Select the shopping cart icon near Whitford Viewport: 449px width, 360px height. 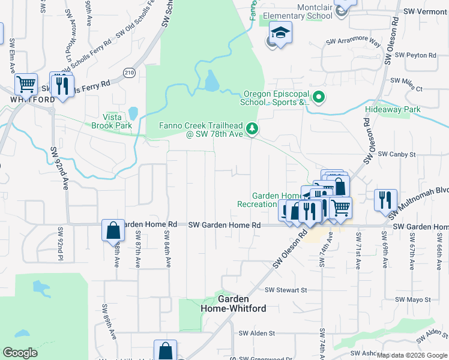[x=26, y=84]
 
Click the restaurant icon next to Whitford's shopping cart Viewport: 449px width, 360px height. [x=62, y=85]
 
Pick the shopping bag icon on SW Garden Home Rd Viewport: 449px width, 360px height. [x=113, y=230]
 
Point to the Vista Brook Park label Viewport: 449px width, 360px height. [x=112, y=122]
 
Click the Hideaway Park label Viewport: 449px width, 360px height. [x=393, y=110]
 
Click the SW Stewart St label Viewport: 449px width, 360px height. [x=286, y=290]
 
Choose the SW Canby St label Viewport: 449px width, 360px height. [x=399, y=154]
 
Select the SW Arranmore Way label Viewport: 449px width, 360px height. [x=354, y=43]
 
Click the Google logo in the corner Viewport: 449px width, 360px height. [x=20, y=353]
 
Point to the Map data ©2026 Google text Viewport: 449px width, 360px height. [x=412, y=355]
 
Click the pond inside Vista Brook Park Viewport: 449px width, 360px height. [x=133, y=113]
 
